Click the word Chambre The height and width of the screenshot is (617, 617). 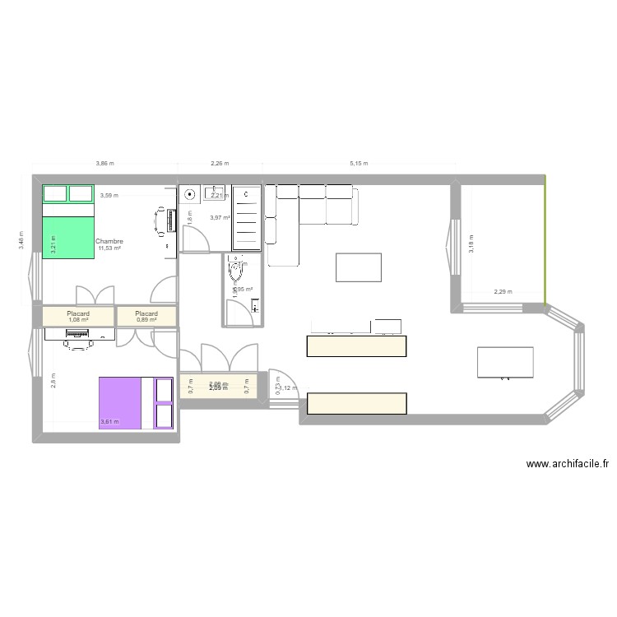pos(109,242)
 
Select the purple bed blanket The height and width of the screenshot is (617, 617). pos(120,403)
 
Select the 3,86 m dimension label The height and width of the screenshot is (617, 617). pos(105,164)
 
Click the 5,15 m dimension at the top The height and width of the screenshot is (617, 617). pos(359,164)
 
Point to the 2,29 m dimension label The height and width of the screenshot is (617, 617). pos(503,291)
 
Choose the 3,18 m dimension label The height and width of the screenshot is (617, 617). pos(471,244)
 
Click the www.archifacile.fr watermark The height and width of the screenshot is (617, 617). pos(566,464)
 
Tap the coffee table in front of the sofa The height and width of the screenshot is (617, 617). pos(359,267)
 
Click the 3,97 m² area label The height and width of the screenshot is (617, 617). pos(220,217)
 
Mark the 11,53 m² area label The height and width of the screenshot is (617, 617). pos(109,248)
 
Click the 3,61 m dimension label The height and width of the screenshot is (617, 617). pos(109,422)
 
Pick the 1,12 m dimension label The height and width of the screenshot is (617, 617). pos(289,387)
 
